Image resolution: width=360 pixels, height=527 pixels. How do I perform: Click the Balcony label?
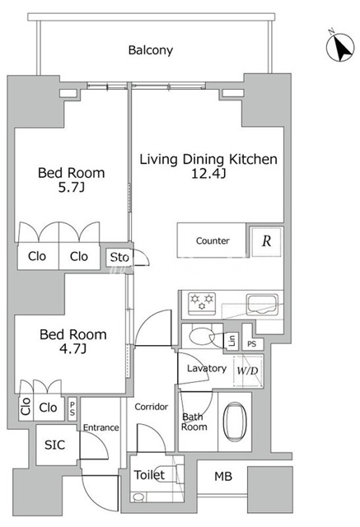point(151,50)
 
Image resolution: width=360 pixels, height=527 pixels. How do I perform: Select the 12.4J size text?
point(208,174)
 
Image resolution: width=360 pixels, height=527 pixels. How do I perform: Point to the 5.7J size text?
point(72,187)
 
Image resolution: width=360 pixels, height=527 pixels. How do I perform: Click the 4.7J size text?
point(73,348)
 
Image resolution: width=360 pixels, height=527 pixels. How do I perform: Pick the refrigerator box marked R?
point(266,241)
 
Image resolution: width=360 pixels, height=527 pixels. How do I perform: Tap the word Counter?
point(213,240)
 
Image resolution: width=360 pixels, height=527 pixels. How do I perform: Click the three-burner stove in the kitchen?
point(202,304)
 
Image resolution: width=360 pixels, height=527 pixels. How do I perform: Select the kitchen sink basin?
point(262,304)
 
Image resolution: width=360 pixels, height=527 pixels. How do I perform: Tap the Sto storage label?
point(119,258)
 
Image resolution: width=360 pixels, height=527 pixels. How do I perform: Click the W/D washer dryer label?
point(248,371)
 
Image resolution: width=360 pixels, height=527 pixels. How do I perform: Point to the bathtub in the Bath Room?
point(235,422)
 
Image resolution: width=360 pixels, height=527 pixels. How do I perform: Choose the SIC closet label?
point(54,445)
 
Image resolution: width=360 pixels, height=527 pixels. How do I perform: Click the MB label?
point(223,476)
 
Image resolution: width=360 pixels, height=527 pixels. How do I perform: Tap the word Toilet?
point(149,475)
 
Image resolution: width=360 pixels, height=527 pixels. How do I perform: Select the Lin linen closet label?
point(232,340)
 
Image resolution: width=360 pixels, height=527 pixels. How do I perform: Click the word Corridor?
point(152,407)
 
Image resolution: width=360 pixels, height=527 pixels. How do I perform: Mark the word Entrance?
point(101,427)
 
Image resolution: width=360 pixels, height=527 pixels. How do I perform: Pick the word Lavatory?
point(207,369)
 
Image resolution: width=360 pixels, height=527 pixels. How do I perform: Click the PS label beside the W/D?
point(252,344)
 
